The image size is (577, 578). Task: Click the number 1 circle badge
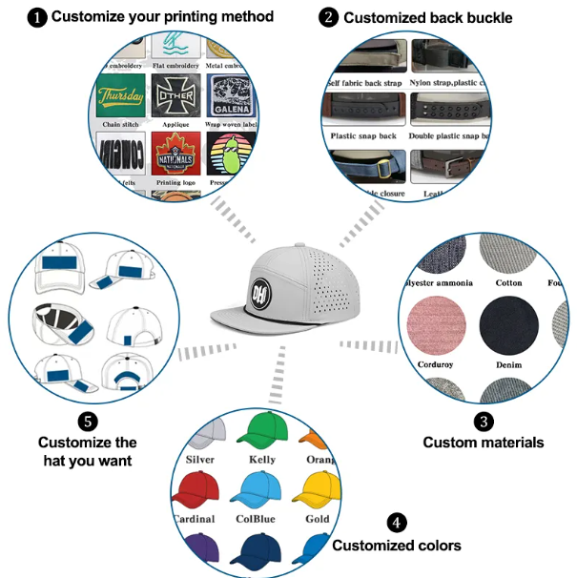click(x=37, y=16)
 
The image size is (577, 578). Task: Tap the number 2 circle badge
click(x=329, y=17)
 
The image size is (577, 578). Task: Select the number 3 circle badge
click(x=484, y=421)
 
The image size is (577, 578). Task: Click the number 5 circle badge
click(x=87, y=421)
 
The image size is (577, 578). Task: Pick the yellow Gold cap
click(x=317, y=488)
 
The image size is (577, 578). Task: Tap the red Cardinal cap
click(x=196, y=489)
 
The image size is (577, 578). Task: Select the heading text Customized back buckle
click(x=427, y=18)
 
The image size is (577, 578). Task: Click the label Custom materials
click(x=483, y=442)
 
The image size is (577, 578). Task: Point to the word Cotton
click(x=508, y=282)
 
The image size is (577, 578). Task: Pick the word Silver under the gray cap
click(x=199, y=459)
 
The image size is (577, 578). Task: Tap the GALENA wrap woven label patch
click(x=231, y=96)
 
